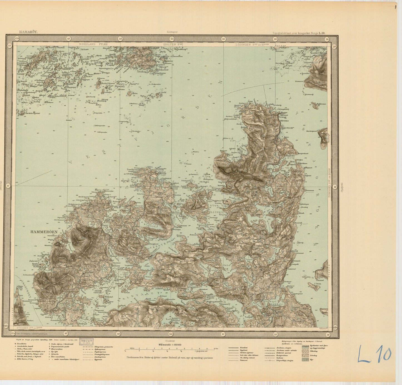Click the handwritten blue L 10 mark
[x=374, y=354]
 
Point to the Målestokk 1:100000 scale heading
[x=170, y=345]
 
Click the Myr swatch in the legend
[x=305, y=359]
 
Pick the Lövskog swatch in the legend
[x=305, y=355]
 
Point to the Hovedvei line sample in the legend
[x=234, y=348]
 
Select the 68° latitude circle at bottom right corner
[x=335, y=327]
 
